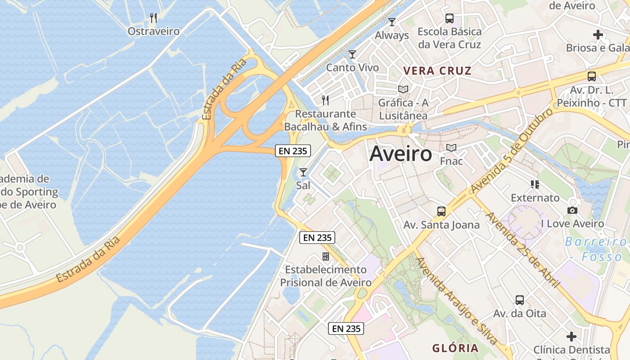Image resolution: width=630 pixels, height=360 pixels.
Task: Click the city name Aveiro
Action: [400, 154]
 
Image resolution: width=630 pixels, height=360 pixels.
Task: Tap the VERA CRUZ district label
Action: [437, 71]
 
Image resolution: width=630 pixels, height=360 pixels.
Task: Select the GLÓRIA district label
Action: [455, 348]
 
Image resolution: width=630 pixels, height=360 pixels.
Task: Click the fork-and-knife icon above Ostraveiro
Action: [153, 18]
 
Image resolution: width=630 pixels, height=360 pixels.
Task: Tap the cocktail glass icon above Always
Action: [392, 22]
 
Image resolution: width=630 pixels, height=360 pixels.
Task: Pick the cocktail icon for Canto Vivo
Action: [352, 54]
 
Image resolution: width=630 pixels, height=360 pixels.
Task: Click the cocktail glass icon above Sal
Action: [303, 172]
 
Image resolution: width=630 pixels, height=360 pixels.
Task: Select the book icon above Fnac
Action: [451, 148]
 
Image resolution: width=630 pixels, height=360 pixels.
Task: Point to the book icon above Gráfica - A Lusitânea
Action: [403, 89]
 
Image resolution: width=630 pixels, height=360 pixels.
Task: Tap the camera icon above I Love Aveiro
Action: [572, 210]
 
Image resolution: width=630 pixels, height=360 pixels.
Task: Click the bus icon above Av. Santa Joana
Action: [441, 211]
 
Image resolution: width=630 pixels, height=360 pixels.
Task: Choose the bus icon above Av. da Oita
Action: [520, 300]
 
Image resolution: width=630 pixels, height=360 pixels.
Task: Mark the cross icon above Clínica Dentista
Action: [571, 336]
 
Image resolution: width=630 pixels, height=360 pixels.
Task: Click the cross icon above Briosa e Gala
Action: [598, 35]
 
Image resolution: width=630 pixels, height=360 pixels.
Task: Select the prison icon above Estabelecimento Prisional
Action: [325, 256]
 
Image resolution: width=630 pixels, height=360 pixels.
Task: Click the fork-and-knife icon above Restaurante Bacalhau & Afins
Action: [325, 100]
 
